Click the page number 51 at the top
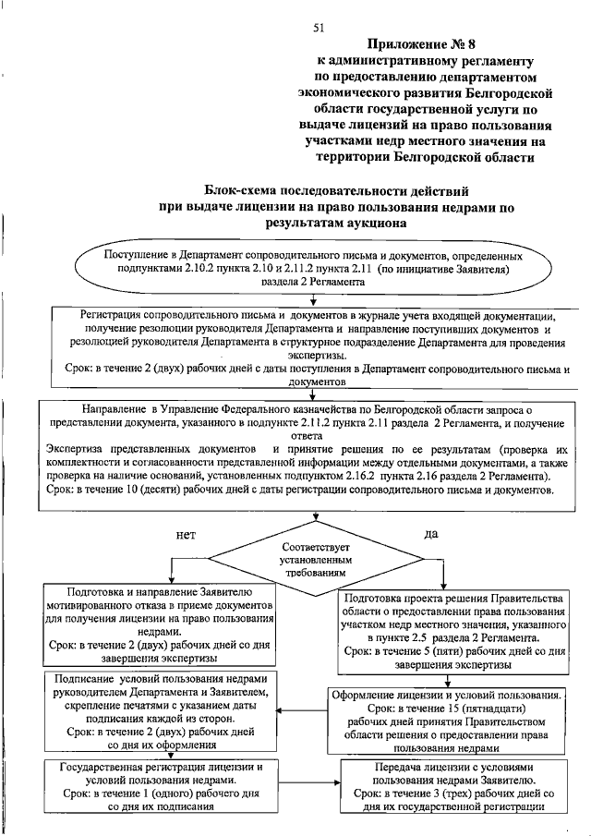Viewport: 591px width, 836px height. point(319,28)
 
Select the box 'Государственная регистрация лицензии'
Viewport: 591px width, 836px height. point(156,786)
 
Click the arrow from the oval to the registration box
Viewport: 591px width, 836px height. point(315,299)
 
